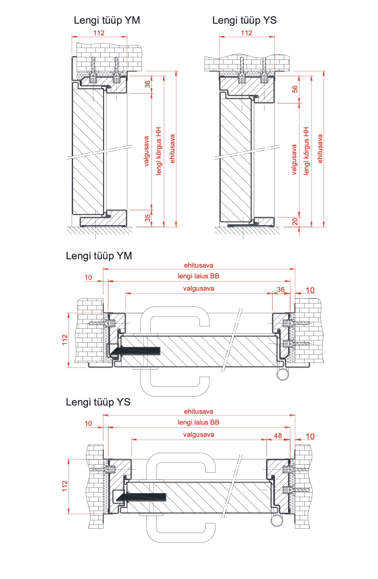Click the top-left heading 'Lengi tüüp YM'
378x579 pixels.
click(107, 21)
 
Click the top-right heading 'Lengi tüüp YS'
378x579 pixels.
click(244, 21)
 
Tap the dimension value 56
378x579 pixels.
click(295, 89)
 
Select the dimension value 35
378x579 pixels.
click(148, 218)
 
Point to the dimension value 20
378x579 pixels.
click(295, 221)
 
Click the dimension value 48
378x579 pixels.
click(278, 436)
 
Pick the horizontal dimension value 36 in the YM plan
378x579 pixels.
click(281, 289)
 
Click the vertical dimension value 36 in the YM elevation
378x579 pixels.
click(148, 84)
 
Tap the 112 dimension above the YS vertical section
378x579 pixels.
click(246, 33)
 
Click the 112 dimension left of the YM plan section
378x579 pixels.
click(65, 340)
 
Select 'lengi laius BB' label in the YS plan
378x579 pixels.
click(198, 422)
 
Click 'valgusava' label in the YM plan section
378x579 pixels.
click(198, 289)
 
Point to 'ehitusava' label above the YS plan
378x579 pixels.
click(198, 411)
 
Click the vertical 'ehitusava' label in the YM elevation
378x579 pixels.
click(173, 149)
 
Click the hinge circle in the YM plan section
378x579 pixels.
click(282, 374)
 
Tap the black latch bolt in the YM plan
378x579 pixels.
click(137, 350)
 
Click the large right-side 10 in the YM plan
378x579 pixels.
click(310, 290)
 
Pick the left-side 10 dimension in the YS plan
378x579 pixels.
click(88, 424)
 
